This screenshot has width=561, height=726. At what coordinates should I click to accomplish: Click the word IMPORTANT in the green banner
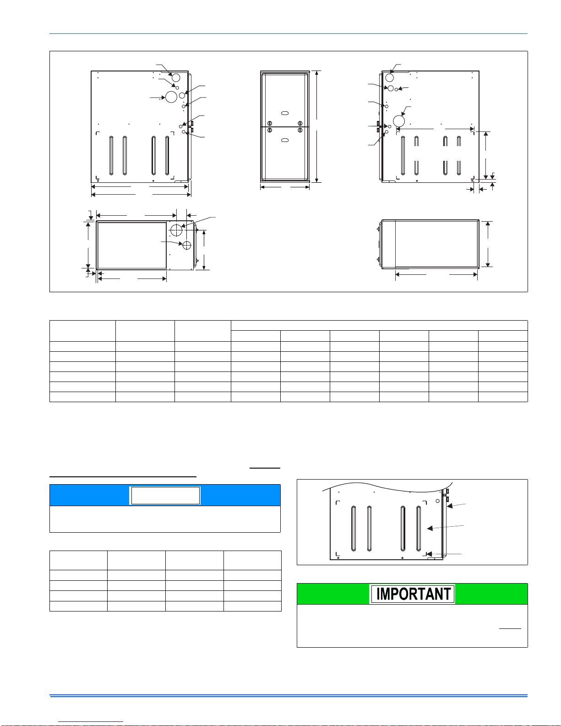point(413,594)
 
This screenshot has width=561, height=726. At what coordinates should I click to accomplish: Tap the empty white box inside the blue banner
point(165,495)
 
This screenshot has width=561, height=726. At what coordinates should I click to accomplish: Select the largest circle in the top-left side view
point(171,97)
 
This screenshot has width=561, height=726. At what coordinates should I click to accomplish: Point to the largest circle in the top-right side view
point(399,121)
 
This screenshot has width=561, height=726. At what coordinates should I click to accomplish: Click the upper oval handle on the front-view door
point(285,113)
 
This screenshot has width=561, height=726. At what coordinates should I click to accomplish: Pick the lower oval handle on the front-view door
point(285,140)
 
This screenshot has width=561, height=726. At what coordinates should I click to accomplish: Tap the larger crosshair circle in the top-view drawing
point(176,230)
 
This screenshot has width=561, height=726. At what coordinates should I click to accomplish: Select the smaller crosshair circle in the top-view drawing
point(187,245)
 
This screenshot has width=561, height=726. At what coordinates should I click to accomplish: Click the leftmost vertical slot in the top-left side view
point(111,155)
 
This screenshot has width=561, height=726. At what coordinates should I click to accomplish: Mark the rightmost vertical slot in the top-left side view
point(167,155)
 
